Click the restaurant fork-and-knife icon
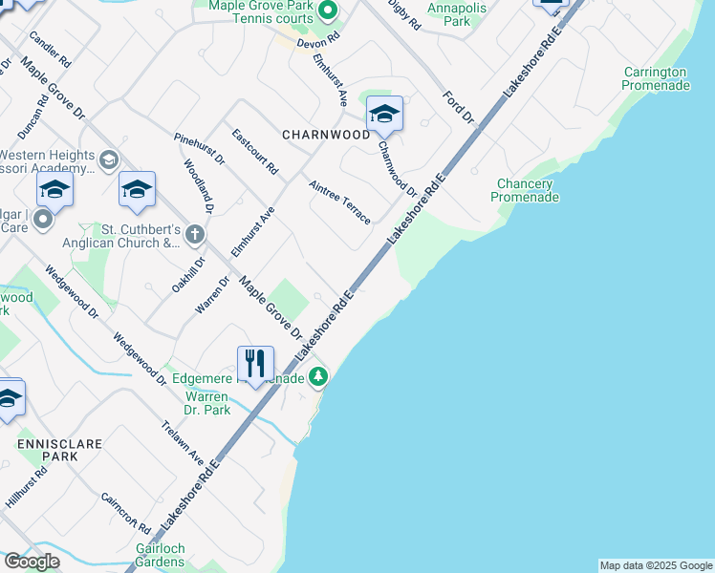[x=255, y=363]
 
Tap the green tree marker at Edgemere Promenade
[x=319, y=377]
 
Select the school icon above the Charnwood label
[x=384, y=114]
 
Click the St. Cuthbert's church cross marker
[x=194, y=234]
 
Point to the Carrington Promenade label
[x=656, y=78]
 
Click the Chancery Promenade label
[x=525, y=190]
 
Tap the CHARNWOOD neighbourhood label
[x=326, y=135]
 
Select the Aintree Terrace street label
[x=339, y=202]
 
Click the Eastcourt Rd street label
[x=255, y=151]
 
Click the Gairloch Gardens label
[x=160, y=555]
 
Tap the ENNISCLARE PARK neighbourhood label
[x=46, y=450]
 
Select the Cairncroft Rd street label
[x=126, y=514]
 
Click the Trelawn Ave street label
[x=183, y=442]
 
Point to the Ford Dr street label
[x=459, y=107]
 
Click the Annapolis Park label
[x=457, y=14]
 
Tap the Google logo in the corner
[x=32, y=562]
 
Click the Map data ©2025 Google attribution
[x=656, y=565]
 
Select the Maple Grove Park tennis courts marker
[x=328, y=11]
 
